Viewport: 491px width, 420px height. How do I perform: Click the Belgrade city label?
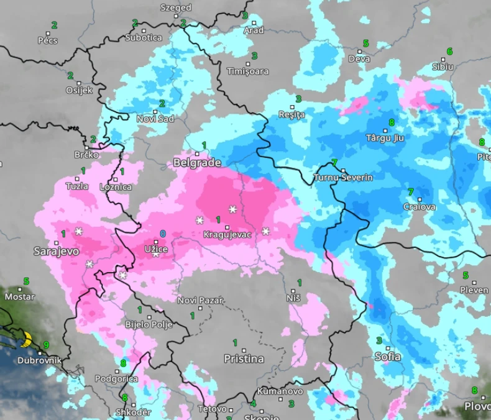coord(197,163)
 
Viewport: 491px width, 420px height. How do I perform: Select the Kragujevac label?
coord(227,235)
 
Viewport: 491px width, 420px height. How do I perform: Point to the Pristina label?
coord(244,359)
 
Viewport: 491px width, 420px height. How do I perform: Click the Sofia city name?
coord(387,357)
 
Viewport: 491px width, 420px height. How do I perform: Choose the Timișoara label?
coord(248,71)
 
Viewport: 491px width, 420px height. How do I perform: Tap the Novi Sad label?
coord(155,119)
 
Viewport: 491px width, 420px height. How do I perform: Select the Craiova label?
coord(419,207)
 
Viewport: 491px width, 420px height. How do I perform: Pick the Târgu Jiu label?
coord(385,138)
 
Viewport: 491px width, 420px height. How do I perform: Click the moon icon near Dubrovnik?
coord(25,339)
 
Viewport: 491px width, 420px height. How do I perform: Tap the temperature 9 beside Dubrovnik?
coord(46,345)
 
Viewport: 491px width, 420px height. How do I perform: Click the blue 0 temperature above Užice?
coord(163,234)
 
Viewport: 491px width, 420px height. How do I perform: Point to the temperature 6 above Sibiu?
coord(449,51)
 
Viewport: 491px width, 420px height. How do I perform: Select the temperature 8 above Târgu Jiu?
coord(391,122)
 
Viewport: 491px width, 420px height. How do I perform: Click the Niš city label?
coord(293,298)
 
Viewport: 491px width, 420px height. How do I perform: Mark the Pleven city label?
coord(474,290)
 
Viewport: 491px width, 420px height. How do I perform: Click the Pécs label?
coord(48,40)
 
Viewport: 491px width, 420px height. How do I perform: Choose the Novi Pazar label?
coord(200,301)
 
